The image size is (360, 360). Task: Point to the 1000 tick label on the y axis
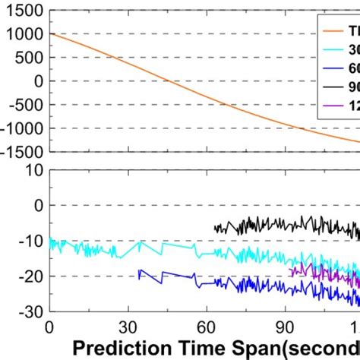tap(23, 33)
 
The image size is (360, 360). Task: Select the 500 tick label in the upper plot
tap(27, 57)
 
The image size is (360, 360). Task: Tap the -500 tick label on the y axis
tap(24, 105)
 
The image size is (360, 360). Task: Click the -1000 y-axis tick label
tap(20, 128)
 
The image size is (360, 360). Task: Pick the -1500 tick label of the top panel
tap(20, 152)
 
